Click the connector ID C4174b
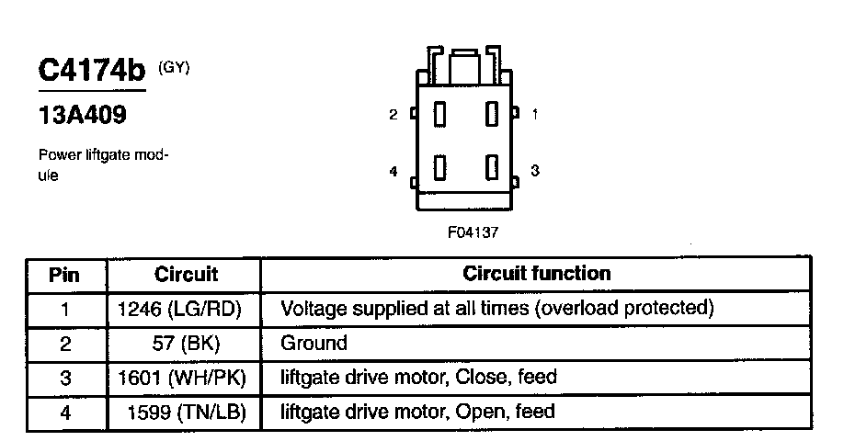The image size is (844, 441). point(92,72)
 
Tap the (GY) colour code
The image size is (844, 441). point(174,66)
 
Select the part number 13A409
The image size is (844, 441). point(82,117)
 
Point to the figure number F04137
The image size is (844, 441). point(473,232)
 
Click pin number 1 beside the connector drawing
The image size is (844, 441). point(535,115)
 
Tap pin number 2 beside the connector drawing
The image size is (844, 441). point(393,115)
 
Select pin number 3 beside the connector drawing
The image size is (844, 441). point(535,170)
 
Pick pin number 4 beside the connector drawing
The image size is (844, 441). point(393,171)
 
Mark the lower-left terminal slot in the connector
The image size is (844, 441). point(440,168)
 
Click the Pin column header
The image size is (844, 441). point(65,274)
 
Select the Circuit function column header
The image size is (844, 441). point(536,273)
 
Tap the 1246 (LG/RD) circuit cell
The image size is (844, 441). point(180,309)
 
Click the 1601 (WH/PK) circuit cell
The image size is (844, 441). point(183,378)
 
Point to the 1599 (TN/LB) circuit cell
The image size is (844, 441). point(187,412)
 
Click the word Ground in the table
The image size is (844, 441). point(314,344)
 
